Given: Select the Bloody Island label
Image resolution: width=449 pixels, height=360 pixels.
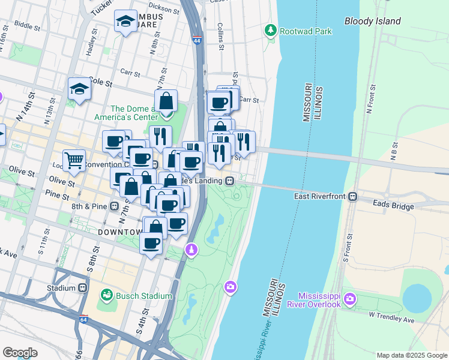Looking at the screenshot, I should [x=372, y=21].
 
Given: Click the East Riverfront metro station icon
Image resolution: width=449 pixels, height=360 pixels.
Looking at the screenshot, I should [x=354, y=196].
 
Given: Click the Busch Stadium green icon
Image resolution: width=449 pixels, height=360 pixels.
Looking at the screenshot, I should [x=107, y=295].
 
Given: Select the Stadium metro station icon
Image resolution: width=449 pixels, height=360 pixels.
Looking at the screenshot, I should [x=83, y=287].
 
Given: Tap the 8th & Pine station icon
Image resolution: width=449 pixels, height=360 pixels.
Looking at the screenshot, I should [x=115, y=206].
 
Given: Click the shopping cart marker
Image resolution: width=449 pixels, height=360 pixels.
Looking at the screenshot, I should [x=74, y=160].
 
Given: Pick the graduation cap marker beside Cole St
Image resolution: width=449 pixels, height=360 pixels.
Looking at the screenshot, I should [x=79, y=89].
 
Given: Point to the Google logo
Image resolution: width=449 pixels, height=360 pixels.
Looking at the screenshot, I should [x=20, y=352].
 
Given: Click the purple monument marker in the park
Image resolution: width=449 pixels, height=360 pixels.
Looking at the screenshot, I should [x=191, y=248].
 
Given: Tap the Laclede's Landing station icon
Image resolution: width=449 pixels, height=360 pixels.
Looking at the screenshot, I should [x=229, y=181].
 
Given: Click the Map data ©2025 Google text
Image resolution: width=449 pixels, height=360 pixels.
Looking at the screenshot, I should [x=411, y=355].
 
